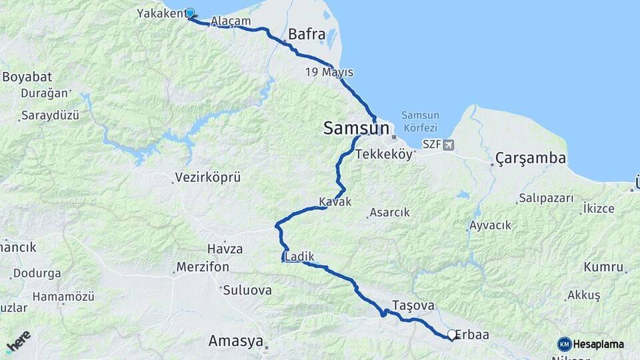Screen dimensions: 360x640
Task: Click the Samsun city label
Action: [x=356, y=128]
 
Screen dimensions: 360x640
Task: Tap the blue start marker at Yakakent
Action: [x=190, y=13]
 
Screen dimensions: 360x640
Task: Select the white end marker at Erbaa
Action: [x=452, y=335]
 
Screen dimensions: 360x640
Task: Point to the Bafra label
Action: [x=307, y=34]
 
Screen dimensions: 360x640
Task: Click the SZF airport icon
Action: [x=447, y=145]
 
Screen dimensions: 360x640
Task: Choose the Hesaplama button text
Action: [x=598, y=345]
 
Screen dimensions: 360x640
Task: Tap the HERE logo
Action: [x=19, y=341]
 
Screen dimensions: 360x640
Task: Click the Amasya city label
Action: [x=235, y=341]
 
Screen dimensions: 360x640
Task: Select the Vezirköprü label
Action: [x=207, y=177]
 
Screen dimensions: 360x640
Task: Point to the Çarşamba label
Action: [x=531, y=159]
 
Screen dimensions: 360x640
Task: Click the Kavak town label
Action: [x=335, y=201]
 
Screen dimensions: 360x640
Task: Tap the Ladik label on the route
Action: [x=299, y=257]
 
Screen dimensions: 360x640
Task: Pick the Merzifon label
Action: [x=203, y=267]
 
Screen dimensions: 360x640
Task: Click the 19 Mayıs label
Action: [x=329, y=72]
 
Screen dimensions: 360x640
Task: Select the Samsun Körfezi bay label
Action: [x=420, y=121]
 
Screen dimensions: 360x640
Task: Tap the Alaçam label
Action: [x=231, y=21]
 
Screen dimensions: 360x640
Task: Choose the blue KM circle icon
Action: [x=565, y=345]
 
